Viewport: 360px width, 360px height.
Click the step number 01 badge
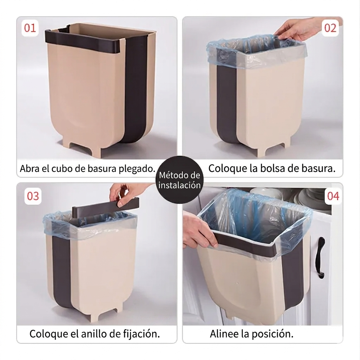[x=30, y=28]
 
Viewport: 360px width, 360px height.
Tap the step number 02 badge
[x=330, y=28]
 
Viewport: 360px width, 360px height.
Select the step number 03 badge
[x=33, y=196]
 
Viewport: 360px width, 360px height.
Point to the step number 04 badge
[x=333, y=196]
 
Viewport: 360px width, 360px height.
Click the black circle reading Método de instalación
[x=179, y=180]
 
